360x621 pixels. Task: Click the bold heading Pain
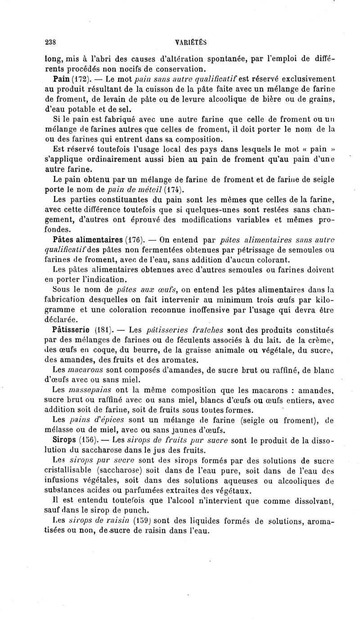tap(61, 78)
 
